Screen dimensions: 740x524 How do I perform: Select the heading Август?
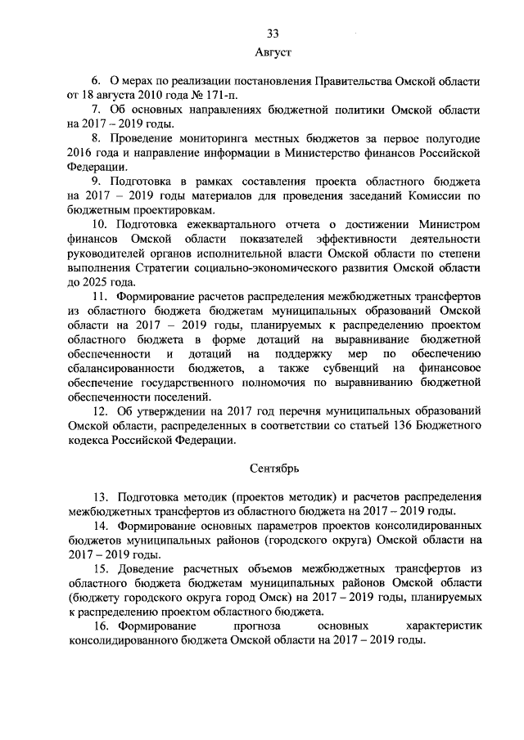click(x=273, y=52)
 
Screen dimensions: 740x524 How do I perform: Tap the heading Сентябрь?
click(x=273, y=469)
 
